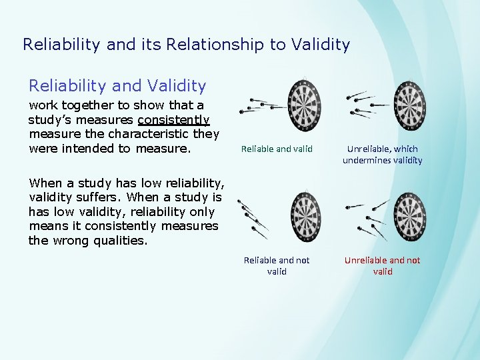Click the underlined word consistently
click(174, 120)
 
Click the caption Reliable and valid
click(277, 149)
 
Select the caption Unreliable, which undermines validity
click(382, 155)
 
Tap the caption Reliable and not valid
click(277, 265)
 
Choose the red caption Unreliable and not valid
click(382, 265)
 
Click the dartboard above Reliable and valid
click(305, 105)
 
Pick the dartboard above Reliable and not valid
click(305, 216)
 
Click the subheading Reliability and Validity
click(117, 85)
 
